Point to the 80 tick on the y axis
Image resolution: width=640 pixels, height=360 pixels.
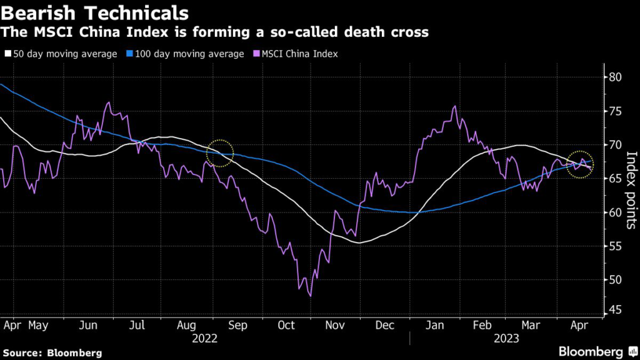pos(616,77)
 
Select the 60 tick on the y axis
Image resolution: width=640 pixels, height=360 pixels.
pos(616,212)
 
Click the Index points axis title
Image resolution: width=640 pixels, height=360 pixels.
pos(631,191)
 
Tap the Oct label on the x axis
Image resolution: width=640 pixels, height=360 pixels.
pos(286,326)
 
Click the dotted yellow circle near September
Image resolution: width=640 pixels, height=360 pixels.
pos(219,152)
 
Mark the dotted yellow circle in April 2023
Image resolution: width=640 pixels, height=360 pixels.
pos(581,164)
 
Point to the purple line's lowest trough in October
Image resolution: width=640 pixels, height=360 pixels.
pos(311,295)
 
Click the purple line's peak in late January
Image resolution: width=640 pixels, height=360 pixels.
pos(454,107)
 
